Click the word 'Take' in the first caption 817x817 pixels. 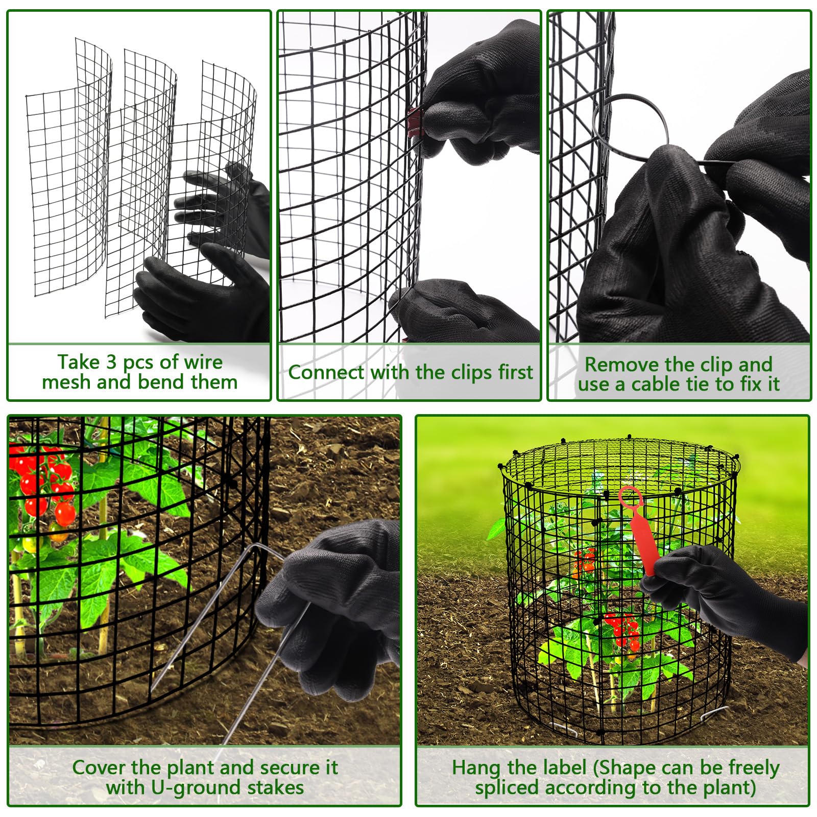coord(78,362)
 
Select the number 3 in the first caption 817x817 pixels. coord(112,362)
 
